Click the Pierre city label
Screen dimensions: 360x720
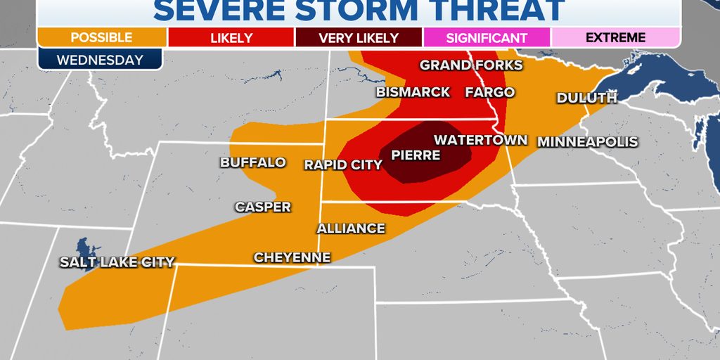click(416, 155)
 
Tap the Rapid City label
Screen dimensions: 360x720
click(343, 165)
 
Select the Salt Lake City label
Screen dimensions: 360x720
click(116, 262)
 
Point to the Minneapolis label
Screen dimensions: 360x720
click(588, 142)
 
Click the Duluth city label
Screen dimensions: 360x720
click(586, 98)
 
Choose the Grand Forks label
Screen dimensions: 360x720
click(471, 65)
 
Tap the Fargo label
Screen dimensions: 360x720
click(489, 92)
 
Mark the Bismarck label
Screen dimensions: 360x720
click(413, 92)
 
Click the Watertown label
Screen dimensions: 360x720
click(480, 140)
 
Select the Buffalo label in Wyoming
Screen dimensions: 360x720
click(253, 162)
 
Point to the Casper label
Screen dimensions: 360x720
click(262, 207)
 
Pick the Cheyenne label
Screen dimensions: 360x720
click(292, 257)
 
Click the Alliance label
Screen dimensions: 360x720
click(351, 229)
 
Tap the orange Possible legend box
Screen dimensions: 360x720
click(102, 37)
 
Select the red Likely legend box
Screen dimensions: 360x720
click(231, 37)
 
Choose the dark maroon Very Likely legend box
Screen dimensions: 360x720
click(359, 37)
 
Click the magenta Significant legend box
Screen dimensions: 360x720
click(487, 37)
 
